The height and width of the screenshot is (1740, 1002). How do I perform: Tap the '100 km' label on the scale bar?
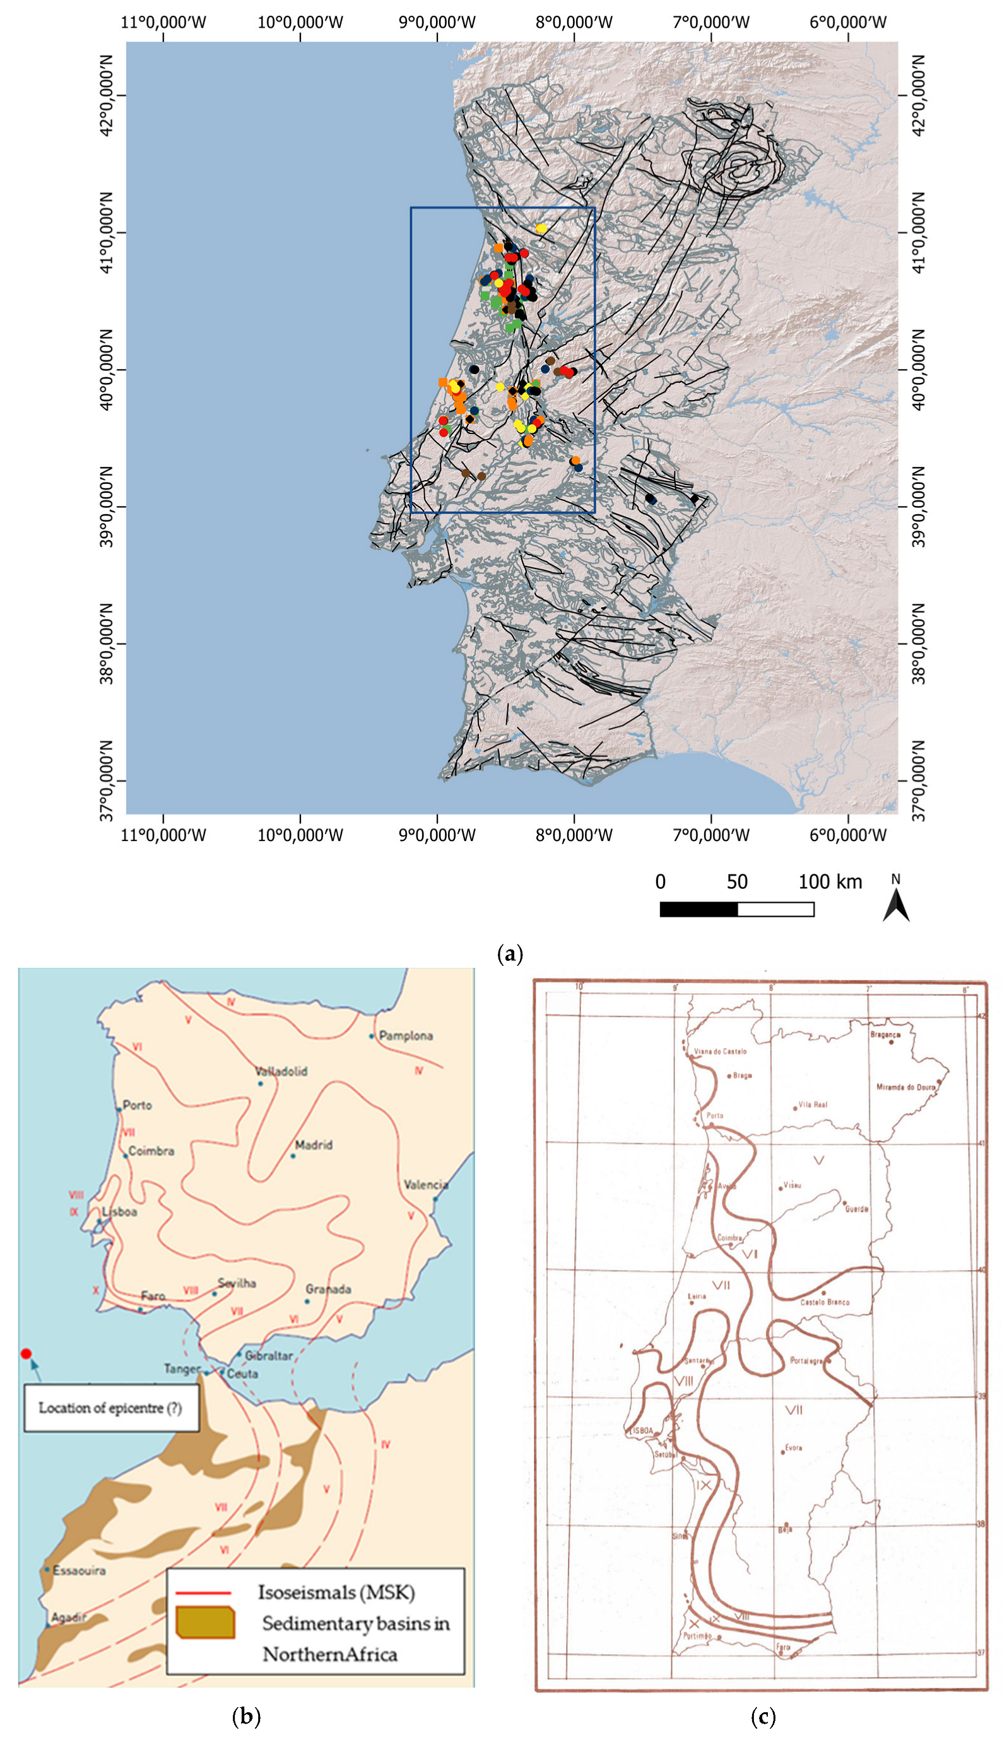point(830,882)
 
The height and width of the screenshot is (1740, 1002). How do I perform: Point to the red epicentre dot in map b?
point(26,1353)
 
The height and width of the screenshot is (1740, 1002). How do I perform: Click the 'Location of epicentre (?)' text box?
point(111,1408)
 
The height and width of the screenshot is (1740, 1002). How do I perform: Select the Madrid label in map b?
point(313,1145)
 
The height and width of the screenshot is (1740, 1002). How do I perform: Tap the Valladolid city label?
point(281,1071)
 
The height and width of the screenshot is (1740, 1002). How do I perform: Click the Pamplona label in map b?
point(405,1035)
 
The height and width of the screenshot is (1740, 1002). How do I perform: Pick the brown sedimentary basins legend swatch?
point(205,1623)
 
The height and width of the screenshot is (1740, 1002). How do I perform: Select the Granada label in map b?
point(328,1289)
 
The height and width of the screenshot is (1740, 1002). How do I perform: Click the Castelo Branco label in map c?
point(825,1302)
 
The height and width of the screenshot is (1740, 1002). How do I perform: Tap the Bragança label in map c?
point(885,1035)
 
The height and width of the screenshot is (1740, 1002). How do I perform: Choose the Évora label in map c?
point(794,1447)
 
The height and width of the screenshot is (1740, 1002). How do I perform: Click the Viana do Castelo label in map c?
point(720,1051)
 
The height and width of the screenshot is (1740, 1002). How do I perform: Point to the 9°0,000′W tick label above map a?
point(437,22)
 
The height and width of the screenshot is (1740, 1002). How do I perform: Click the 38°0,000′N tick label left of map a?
point(106,644)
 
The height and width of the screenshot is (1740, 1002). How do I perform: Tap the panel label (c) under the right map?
point(762,1717)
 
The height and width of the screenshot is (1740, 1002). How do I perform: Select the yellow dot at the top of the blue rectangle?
point(541,228)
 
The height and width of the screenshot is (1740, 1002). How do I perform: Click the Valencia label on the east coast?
point(426,1185)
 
